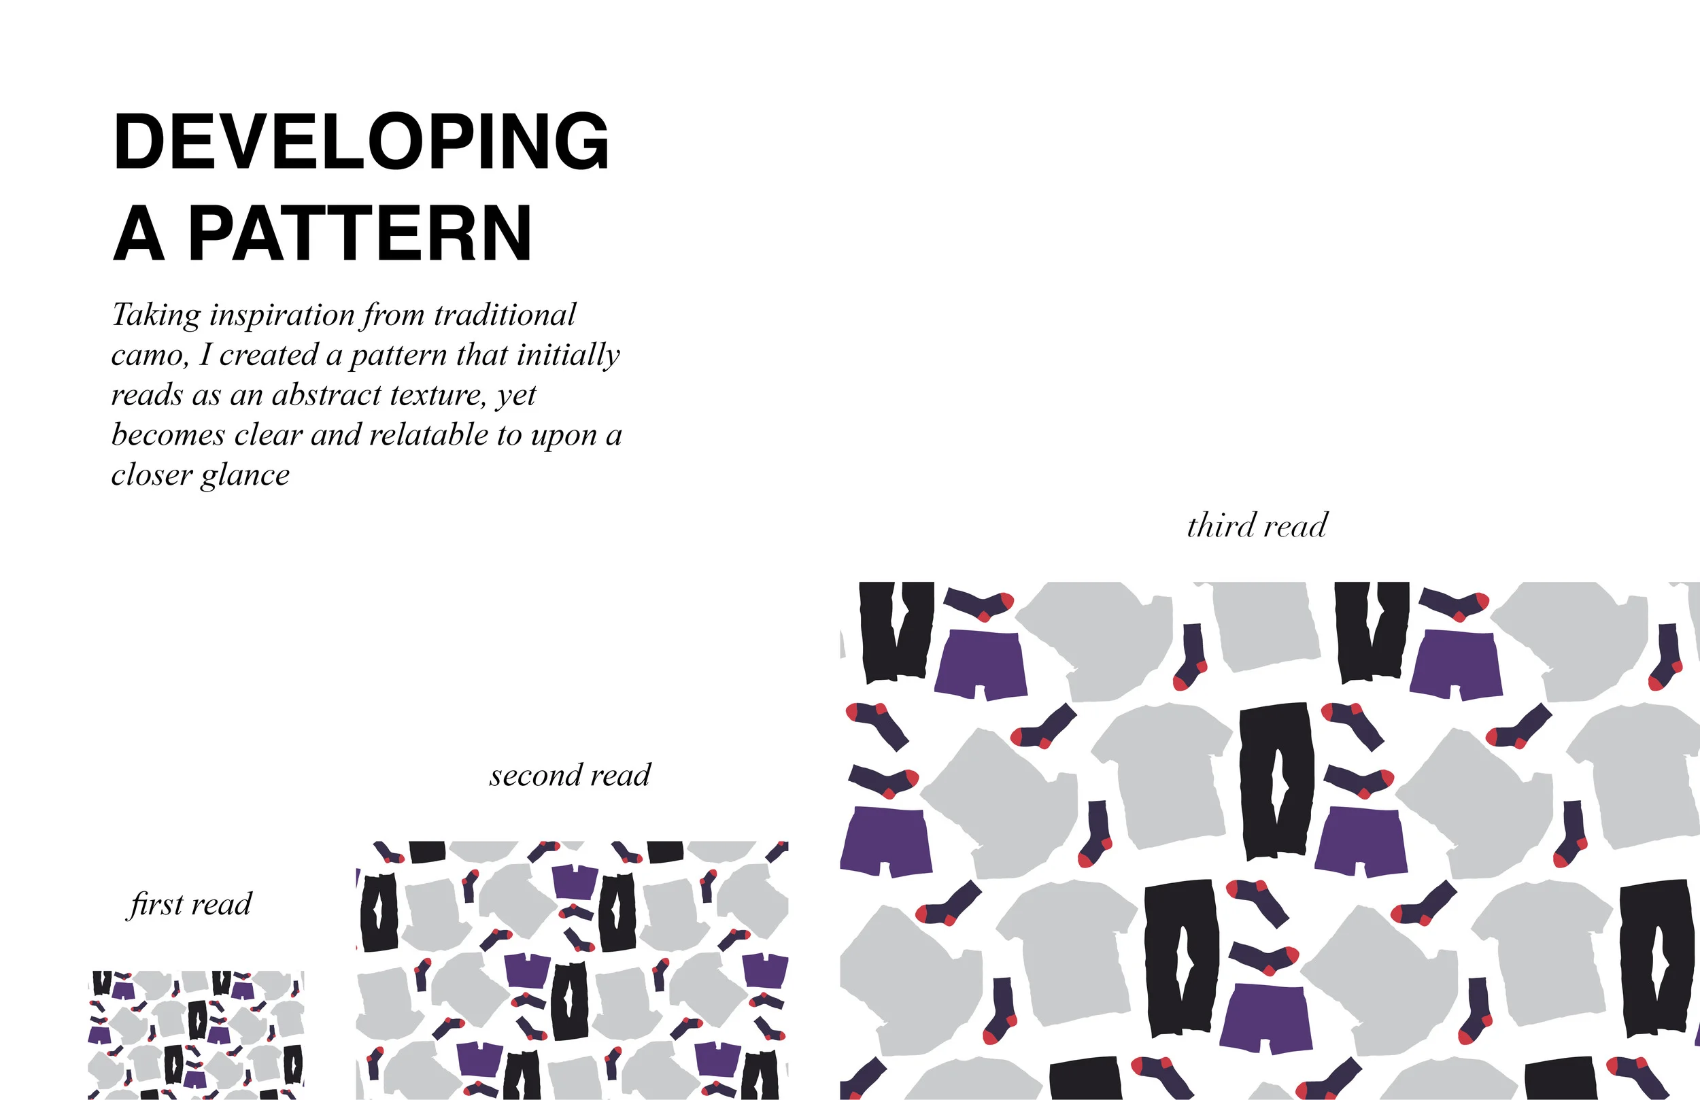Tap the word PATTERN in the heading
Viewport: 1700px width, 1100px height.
coord(360,234)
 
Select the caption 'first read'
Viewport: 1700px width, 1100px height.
coord(190,904)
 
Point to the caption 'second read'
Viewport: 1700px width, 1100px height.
coord(570,775)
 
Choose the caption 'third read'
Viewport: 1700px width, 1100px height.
coord(1257,526)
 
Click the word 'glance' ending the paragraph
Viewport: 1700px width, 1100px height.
coord(245,475)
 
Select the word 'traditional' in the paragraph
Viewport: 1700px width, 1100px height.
coord(505,315)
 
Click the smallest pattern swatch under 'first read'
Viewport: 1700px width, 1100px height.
coord(197,1034)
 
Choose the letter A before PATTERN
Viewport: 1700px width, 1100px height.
coord(139,234)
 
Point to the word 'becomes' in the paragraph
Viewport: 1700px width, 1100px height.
coord(168,435)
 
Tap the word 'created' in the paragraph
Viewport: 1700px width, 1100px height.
coord(269,355)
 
